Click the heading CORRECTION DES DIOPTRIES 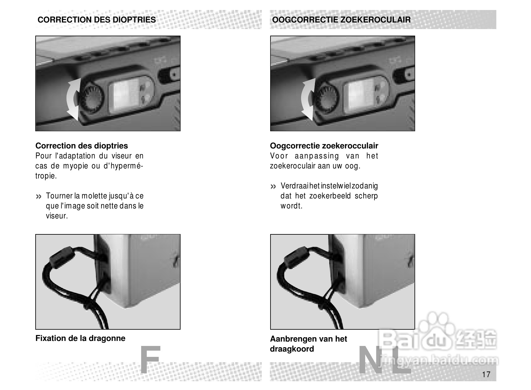97,20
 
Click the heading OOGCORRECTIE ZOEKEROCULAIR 341,20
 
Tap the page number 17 486,374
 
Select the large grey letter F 150,359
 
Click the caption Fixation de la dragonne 80,338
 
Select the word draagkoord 292,349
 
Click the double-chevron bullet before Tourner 39,197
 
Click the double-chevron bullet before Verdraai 273,187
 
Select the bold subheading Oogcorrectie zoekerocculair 324,146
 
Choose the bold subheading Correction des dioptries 82,146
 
